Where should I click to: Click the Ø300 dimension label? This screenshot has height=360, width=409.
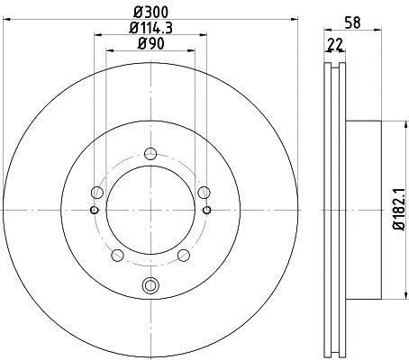click(x=150, y=13)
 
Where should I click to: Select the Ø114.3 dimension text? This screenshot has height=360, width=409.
click(x=150, y=28)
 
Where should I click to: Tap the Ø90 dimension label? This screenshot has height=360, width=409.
click(x=150, y=44)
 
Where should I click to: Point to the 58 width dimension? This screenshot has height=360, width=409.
click(x=352, y=22)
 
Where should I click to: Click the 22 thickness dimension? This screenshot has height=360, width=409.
click(x=335, y=45)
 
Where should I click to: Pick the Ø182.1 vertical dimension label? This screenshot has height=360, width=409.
click(x=399, y=210)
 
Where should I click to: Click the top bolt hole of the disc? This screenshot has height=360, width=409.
click(x=150, y=154)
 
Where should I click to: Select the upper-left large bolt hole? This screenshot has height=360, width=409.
click(x=97, y=193)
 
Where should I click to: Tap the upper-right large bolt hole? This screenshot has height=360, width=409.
click(x=204, y=193)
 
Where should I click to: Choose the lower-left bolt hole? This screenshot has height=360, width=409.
click(x=117, y=256)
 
